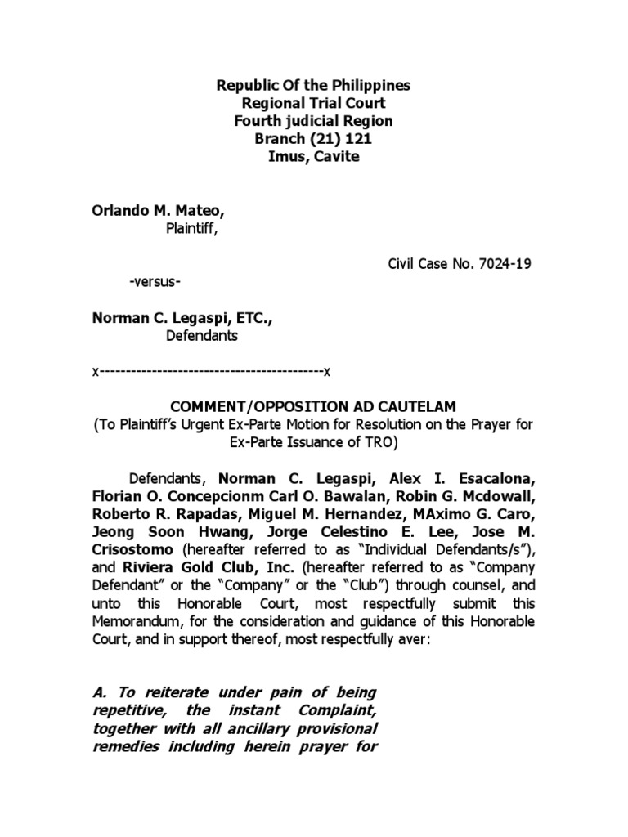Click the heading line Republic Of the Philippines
pos(313,86)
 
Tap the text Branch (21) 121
pos(313,139)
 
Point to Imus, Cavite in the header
pos(313,156)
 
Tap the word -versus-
pos(155,282)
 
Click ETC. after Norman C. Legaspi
pos(253,317)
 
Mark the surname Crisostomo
pos(132,550)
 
